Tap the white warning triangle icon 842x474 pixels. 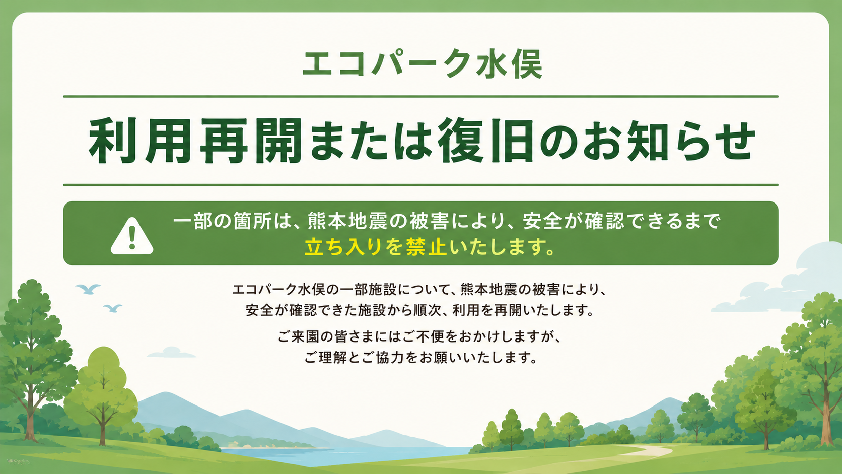(132, 236)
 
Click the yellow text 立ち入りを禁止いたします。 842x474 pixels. (430, 247)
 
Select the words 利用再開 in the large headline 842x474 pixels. (195, 141)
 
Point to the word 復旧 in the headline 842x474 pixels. (485, 141)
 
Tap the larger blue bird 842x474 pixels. (88, 289)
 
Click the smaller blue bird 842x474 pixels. (113, 308)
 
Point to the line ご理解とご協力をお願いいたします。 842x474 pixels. (420, 357)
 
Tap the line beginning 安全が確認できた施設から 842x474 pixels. (420, 310)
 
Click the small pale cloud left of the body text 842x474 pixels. (171, 353)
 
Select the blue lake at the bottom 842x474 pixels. (338, 455)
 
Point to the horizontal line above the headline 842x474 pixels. (420, 97)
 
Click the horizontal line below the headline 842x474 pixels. (420, 185)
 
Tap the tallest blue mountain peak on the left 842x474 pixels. (165, 394)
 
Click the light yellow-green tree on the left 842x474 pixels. (102, 391)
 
